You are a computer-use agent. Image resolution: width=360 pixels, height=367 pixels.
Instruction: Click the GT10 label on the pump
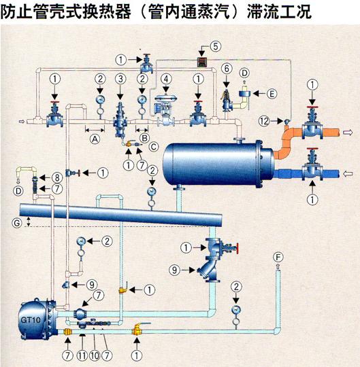click(31, 319)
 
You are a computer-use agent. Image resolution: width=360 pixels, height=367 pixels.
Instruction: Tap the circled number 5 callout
click(215, 46)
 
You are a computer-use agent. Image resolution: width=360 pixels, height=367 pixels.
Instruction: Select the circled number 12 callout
click(264, 121)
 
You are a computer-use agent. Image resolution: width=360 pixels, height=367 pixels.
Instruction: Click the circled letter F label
click(278, 258)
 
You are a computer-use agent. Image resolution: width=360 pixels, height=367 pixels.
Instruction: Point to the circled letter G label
click(17, 223)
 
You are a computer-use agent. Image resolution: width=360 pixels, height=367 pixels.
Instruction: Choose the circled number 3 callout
click(120, 79)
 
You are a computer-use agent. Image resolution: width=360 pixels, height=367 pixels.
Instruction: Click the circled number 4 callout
click(166, 79)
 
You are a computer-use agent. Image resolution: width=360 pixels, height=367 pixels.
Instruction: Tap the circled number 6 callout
click(227, 69)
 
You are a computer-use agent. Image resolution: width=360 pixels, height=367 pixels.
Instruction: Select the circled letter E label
click(272, 94)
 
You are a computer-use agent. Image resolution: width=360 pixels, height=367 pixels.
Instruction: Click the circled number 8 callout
click(57, 177)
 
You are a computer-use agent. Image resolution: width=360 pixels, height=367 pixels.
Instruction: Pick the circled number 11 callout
click(82, 355)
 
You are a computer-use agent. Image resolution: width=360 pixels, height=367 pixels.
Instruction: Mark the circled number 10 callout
click(95, 355)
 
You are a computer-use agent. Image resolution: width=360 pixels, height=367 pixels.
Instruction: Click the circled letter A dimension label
click(95, 139)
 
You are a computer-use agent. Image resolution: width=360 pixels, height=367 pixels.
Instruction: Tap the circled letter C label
click(154, 147)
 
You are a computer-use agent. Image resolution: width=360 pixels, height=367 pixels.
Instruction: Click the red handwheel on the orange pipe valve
click(312, 107)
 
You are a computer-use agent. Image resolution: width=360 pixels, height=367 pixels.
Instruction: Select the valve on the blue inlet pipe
click(312, 168)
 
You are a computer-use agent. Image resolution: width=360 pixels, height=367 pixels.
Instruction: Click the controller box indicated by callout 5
click(201, 62)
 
